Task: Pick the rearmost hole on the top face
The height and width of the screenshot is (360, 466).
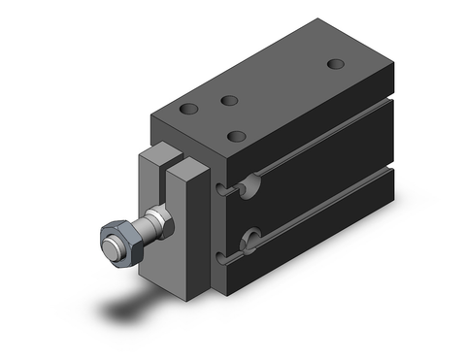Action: tap(336, 64)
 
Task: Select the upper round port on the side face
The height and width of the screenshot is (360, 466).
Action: tap(252, 183)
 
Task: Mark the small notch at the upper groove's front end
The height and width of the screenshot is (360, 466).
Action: tap(227, 189)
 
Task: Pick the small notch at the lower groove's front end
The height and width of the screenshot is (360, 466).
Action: tap(227, 257)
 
